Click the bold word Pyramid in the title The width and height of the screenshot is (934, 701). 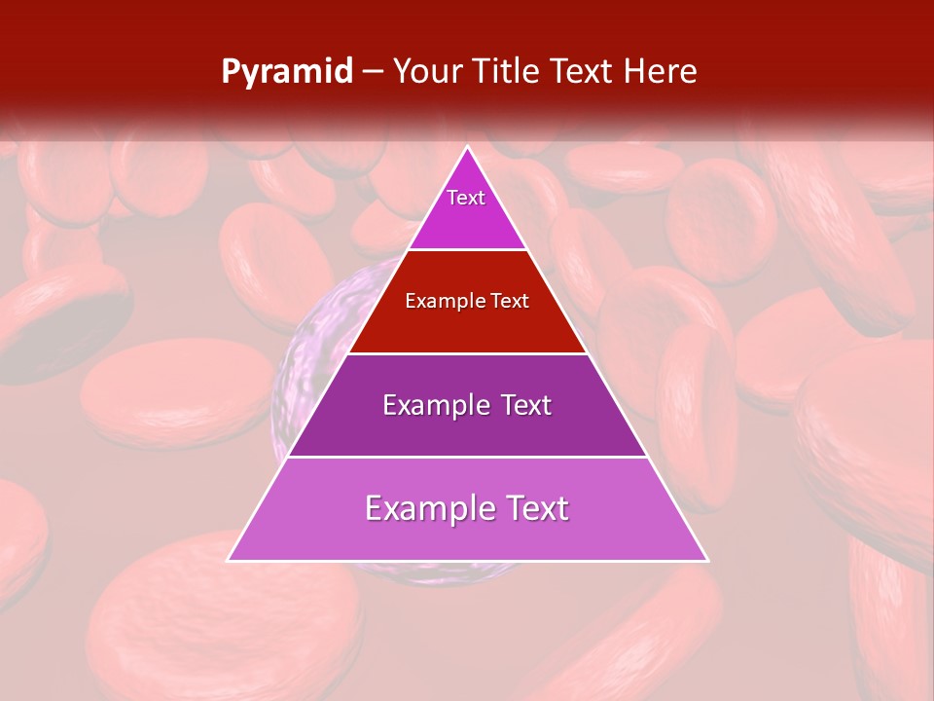[286, 72]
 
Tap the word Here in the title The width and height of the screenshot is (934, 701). [660, 72]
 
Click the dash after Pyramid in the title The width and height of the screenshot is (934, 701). [373, 72]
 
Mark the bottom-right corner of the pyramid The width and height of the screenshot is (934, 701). [706, 560]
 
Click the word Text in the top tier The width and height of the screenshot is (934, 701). [466, 198]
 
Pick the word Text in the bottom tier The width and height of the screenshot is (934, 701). [536, 508]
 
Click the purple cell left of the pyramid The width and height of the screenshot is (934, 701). [302, 370]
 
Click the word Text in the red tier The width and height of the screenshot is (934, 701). [510, 302]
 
